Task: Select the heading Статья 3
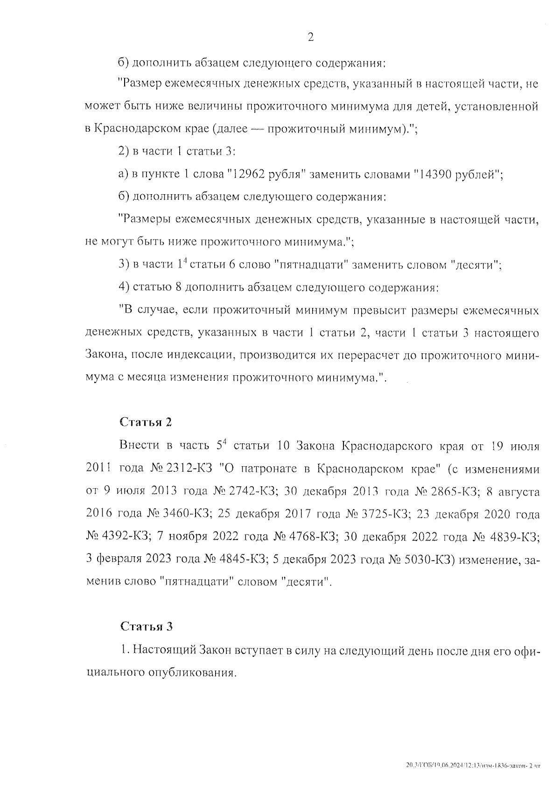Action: [147, 626]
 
